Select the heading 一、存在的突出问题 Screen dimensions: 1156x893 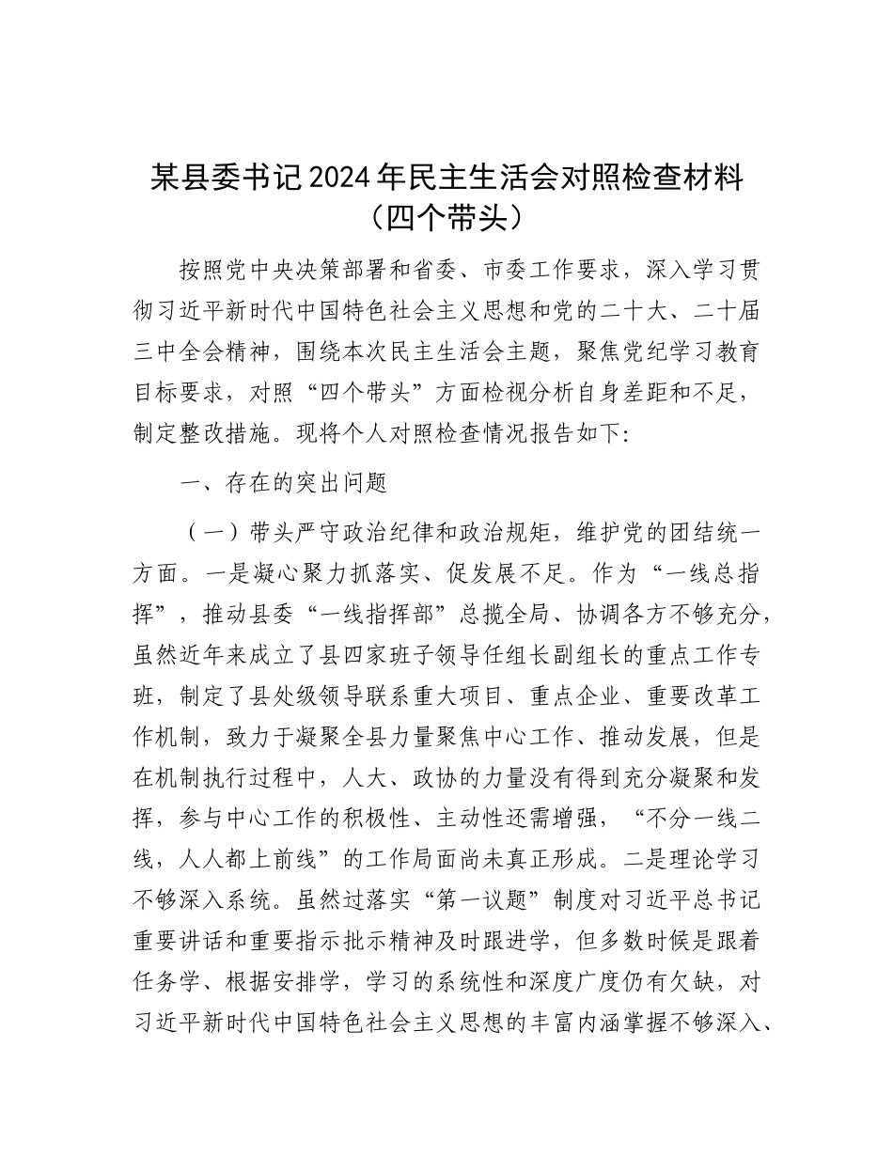283,484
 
